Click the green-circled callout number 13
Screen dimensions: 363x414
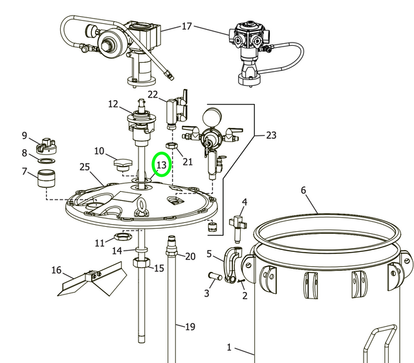coord(161,165)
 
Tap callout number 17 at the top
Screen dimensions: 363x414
coord(186,26)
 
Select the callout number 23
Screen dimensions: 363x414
coord(270,136)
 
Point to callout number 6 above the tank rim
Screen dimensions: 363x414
coord(303,190)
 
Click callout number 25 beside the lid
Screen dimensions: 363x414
coord(85,167)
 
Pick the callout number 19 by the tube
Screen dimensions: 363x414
coord(189,327)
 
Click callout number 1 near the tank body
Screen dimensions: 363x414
coord(228,347)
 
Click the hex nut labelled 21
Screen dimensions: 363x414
coord(171,147)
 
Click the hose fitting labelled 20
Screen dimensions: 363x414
coord(172,245)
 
